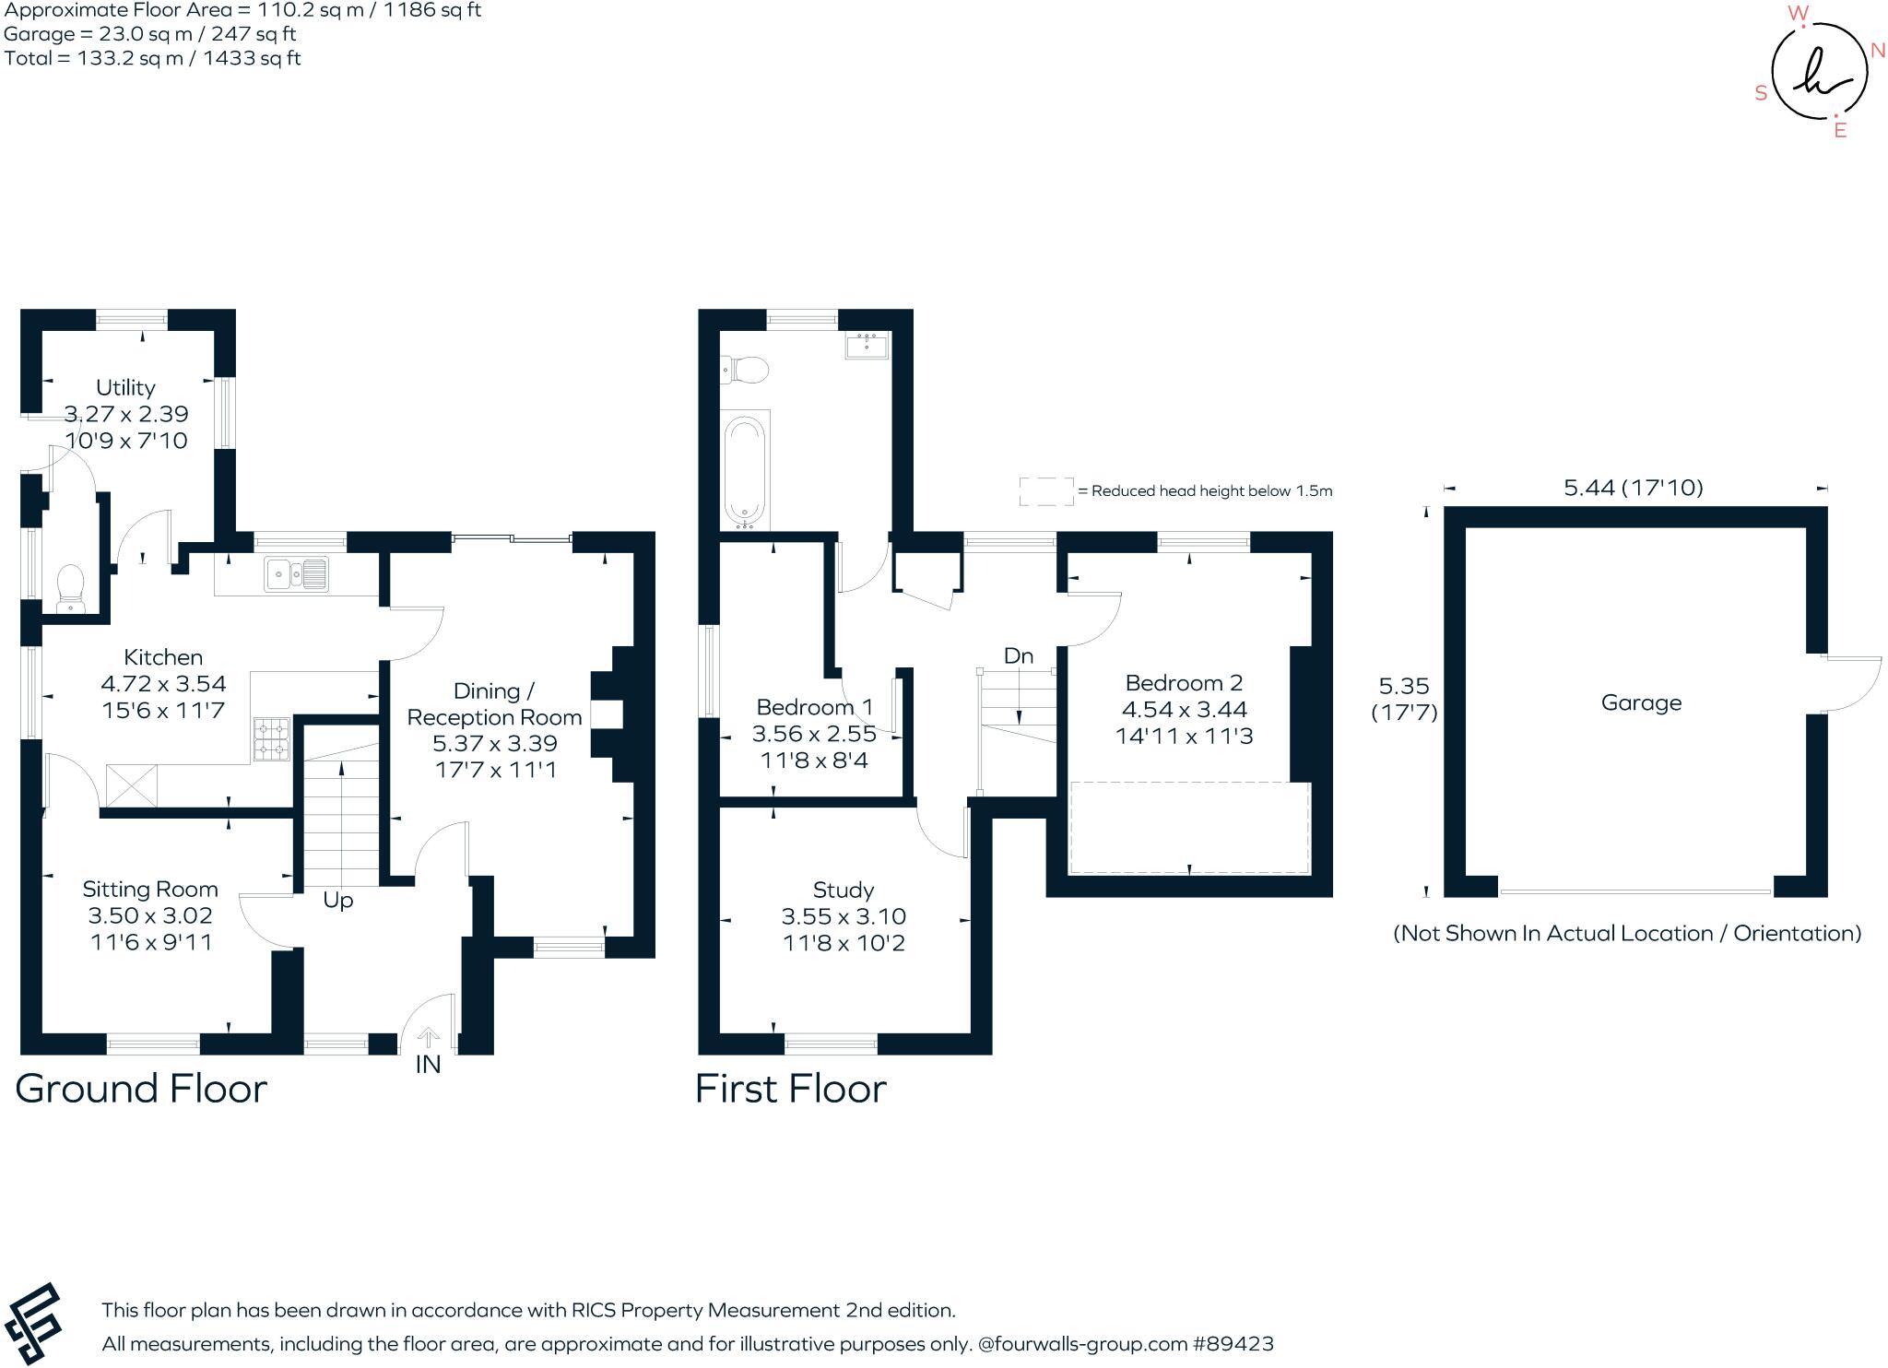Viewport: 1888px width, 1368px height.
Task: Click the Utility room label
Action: coord(125,387)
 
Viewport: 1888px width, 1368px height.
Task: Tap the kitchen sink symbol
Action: coord(295,574)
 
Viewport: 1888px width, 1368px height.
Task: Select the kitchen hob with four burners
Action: coord(271,739)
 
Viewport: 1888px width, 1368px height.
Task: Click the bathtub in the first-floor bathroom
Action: coord(745,470)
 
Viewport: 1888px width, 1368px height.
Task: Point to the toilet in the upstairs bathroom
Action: coord(745,371)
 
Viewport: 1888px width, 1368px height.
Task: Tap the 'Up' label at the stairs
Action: coord(337,901)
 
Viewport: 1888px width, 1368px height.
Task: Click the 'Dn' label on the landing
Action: coord(1018,656)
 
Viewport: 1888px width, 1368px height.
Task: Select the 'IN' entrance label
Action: coord(428,1065)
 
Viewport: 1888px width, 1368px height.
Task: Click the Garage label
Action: coord(1641,703)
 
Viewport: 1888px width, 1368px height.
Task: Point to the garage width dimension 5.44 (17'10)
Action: coord(1633,488)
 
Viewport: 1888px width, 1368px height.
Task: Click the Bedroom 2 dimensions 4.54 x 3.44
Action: coord(1184,710)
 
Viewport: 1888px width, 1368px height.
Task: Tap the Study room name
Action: coord(843,890)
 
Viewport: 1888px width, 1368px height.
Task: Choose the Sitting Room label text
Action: coord(150,890)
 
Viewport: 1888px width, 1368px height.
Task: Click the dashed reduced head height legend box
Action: coord(1046,491)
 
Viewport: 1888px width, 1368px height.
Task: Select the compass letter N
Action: coord(1877,51)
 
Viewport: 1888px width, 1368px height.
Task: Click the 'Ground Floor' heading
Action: coord(141,1089)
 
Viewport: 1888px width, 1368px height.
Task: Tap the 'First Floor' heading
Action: coord(790,1089)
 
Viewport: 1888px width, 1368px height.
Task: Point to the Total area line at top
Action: coord(152,58)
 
